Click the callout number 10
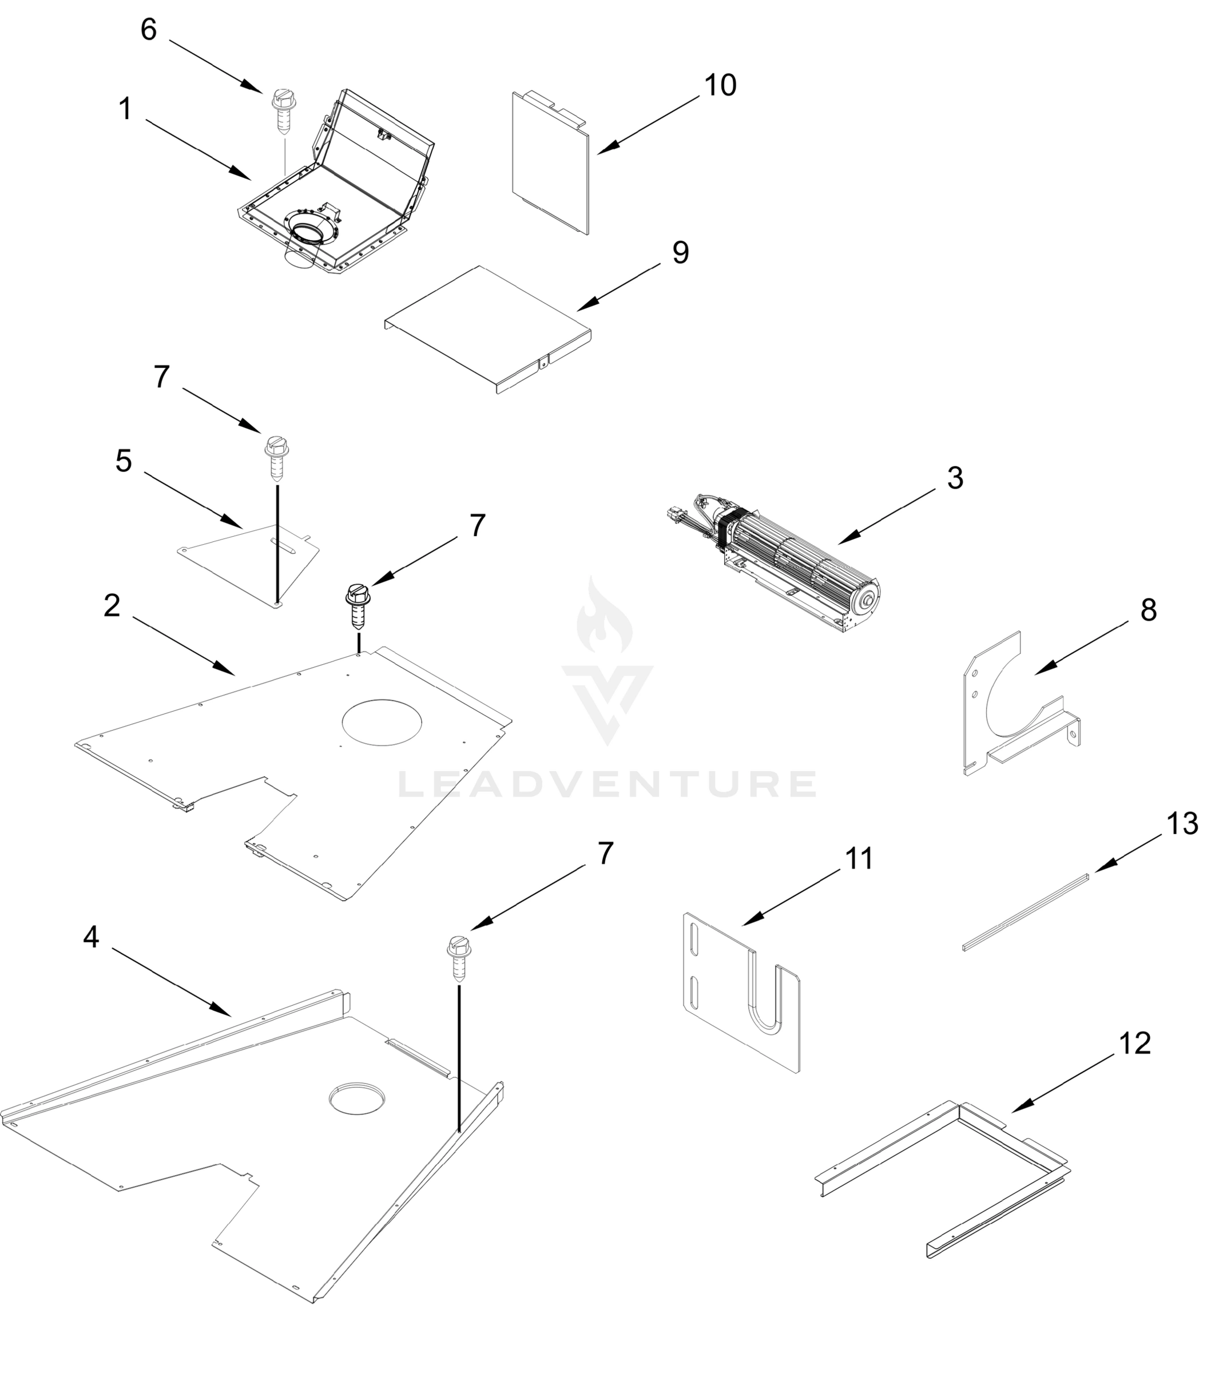pyautogui.click(x=720, y=85)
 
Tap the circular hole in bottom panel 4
pyautogui.click(x=358, y=1099)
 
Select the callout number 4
pyautogui.click(x=92, y=937)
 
